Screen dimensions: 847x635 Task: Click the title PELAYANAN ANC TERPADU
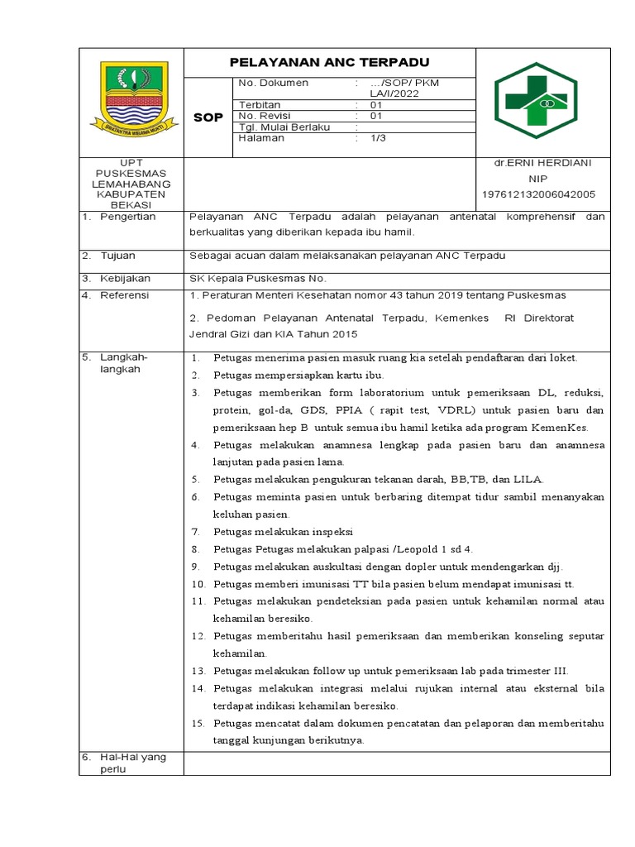pos(329,63)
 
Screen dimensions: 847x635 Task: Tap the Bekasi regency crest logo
pos(132,100)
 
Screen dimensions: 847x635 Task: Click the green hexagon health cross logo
pos(543,103)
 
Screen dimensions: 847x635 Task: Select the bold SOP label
pos(208,117)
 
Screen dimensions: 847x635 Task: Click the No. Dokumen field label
pos(273,84)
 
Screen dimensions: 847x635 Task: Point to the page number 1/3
pos(377,138)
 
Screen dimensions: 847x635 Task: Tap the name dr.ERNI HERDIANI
pos(543,164)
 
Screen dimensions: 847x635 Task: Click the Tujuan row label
pos(118,256)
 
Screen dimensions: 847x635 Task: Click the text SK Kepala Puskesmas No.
pos(258,278)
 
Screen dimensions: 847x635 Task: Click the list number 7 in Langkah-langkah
pos(196,532)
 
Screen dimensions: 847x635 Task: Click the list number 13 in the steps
pos(198,671)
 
